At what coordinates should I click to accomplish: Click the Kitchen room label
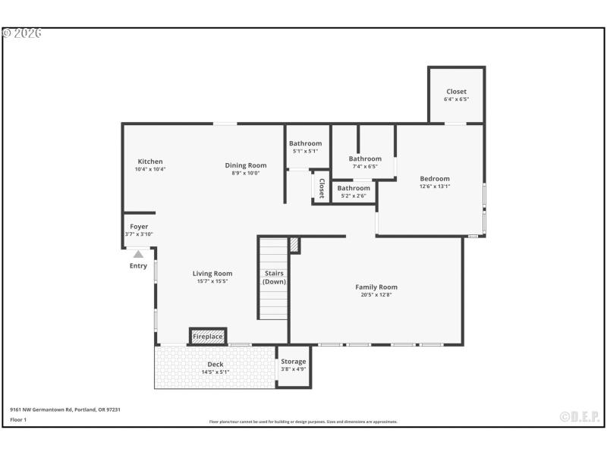click(x=149, y=162)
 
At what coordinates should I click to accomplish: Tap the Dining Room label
click(x=246, y=165)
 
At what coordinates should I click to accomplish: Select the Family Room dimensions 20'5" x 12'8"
click(x=376, y=295)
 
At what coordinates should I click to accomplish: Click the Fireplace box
click(x=208, y=336)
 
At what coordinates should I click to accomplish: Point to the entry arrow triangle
click(x=138, y=255)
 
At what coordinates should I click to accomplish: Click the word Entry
click(x=138, y=266)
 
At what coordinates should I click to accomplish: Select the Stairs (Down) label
click(x=274, y=277)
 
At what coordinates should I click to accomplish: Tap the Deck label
click(x=216, y=364)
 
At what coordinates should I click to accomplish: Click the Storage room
click(x=293, y=366)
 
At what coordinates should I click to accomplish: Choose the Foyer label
click(x=139, y=227)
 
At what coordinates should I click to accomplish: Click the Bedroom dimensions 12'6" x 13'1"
click(x=435, y=186)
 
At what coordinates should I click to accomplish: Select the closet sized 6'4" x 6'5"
click(x=456, y=95)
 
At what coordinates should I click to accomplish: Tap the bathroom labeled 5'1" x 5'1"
click(x=305, y=147)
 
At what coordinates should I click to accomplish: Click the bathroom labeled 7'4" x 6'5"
click(x=365, y=162)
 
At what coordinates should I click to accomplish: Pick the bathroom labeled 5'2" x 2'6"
click(x=354, y=192)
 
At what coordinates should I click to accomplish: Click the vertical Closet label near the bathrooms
click(x=322, y=188)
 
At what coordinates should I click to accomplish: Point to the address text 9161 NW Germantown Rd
click(x=65, y=409)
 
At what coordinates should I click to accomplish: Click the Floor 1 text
click(x=18, y=419)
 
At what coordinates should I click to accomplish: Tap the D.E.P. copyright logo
click(x=579, y=416)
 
